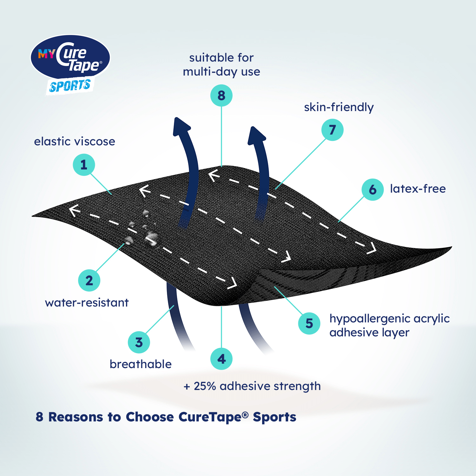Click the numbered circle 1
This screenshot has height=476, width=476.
84,165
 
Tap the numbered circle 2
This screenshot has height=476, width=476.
89,281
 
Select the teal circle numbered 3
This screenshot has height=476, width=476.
139,342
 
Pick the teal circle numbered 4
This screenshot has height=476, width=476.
221,359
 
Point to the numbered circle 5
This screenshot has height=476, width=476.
309,323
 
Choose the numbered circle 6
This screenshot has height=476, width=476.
373,190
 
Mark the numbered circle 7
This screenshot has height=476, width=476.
332,130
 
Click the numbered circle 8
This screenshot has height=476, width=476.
221,96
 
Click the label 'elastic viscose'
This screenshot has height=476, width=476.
75,142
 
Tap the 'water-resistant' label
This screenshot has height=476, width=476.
87,303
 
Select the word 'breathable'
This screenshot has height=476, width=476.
141,364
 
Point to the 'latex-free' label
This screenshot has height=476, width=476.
418,189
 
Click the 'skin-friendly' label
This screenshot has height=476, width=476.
339,107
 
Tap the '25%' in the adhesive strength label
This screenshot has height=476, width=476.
205,386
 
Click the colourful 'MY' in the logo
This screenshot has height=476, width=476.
47,54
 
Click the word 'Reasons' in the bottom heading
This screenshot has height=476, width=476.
76,417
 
